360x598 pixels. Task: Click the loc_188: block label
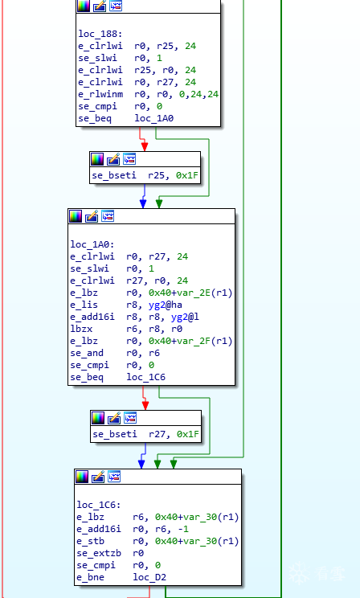(100, 34)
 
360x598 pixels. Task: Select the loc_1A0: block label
(92, 244)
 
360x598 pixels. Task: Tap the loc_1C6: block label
(99, 505)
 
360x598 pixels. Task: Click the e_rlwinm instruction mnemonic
(100, 94)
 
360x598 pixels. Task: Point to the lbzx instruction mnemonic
(81, 329)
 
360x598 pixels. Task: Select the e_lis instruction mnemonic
(84, 305)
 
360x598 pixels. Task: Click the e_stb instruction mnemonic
(90, 541)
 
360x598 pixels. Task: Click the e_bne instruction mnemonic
(90, 577)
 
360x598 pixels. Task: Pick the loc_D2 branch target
(149, 577)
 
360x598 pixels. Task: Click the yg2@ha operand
(165, 305)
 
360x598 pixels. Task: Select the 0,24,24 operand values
(198, 94)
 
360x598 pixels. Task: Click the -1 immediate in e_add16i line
(183, 529)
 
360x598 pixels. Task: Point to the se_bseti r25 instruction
(145, 175)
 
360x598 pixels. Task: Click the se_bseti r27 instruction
(145, 434)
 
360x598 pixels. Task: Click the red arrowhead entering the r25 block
(145, 147)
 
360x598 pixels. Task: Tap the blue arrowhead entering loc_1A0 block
(143, 204)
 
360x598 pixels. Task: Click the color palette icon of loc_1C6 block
(83, 477)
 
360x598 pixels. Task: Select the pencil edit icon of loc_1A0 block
(92, 216)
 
